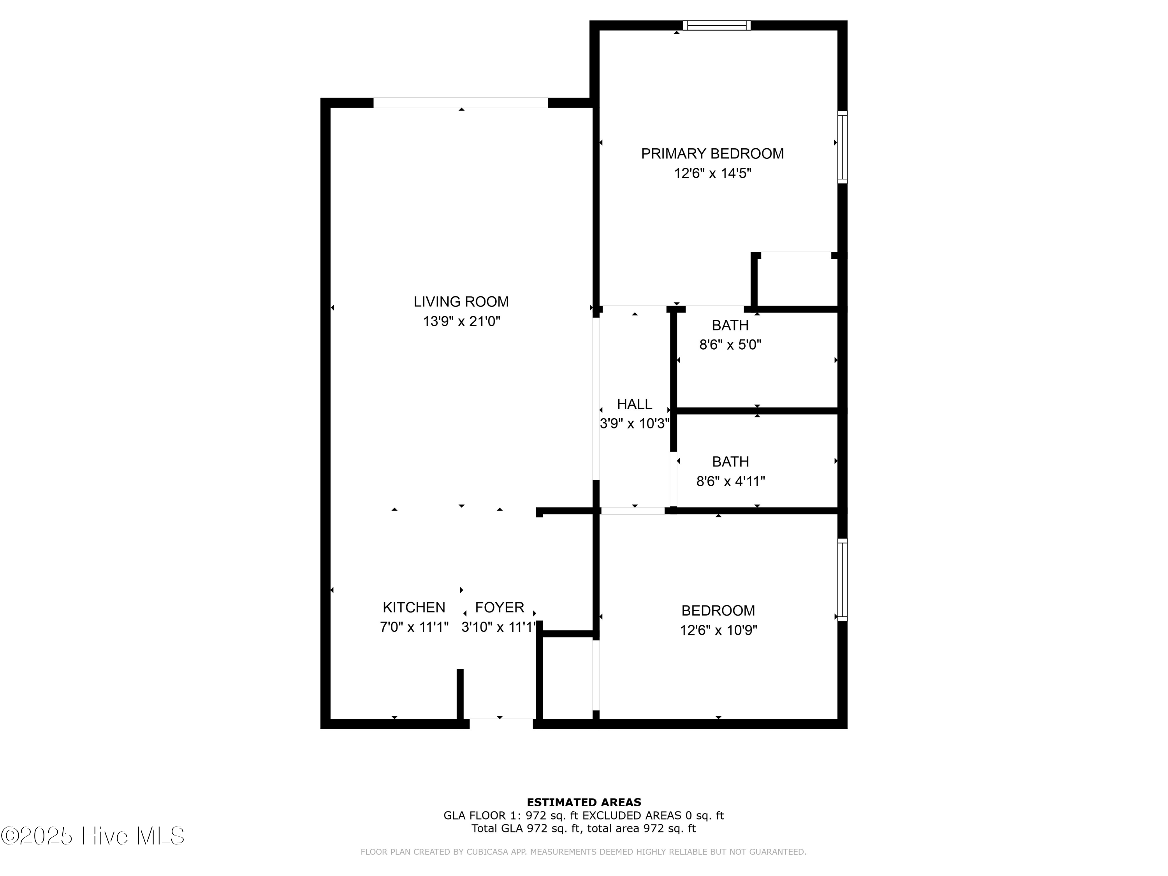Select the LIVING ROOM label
coord(461,301)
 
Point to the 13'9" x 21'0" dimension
coord(461,321)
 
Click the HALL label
coord(634,404)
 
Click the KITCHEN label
coord(413,607)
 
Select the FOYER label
coord(499,607)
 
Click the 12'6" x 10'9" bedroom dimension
coord(718,630)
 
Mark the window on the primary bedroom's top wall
coord(716,25)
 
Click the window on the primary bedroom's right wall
coord(842,147)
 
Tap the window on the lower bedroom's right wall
coord(842,580)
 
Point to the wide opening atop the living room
coord(461,102)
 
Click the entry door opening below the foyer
coord(501,723)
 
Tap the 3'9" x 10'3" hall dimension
coord(634,424)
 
